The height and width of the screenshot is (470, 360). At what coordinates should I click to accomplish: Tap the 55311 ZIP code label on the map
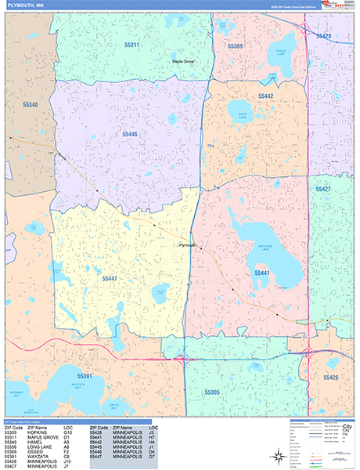click(x=131, y=45)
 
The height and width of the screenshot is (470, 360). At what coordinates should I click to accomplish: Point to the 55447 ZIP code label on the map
click(x=110, y=278)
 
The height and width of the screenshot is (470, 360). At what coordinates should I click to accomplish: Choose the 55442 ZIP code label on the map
click(x=264, y=96)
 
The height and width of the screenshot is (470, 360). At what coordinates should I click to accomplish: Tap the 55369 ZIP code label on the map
click(x=236, y=46)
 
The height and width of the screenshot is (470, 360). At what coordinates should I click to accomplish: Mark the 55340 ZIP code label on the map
click(x=31, y=103)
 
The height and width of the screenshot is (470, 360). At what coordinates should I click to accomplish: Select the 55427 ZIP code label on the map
click(x=323, y=189)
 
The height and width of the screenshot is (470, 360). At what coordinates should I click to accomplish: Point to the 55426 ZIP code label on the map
click(x=330, y=378)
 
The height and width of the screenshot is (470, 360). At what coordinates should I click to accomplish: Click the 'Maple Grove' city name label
click(x=184, y=61)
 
